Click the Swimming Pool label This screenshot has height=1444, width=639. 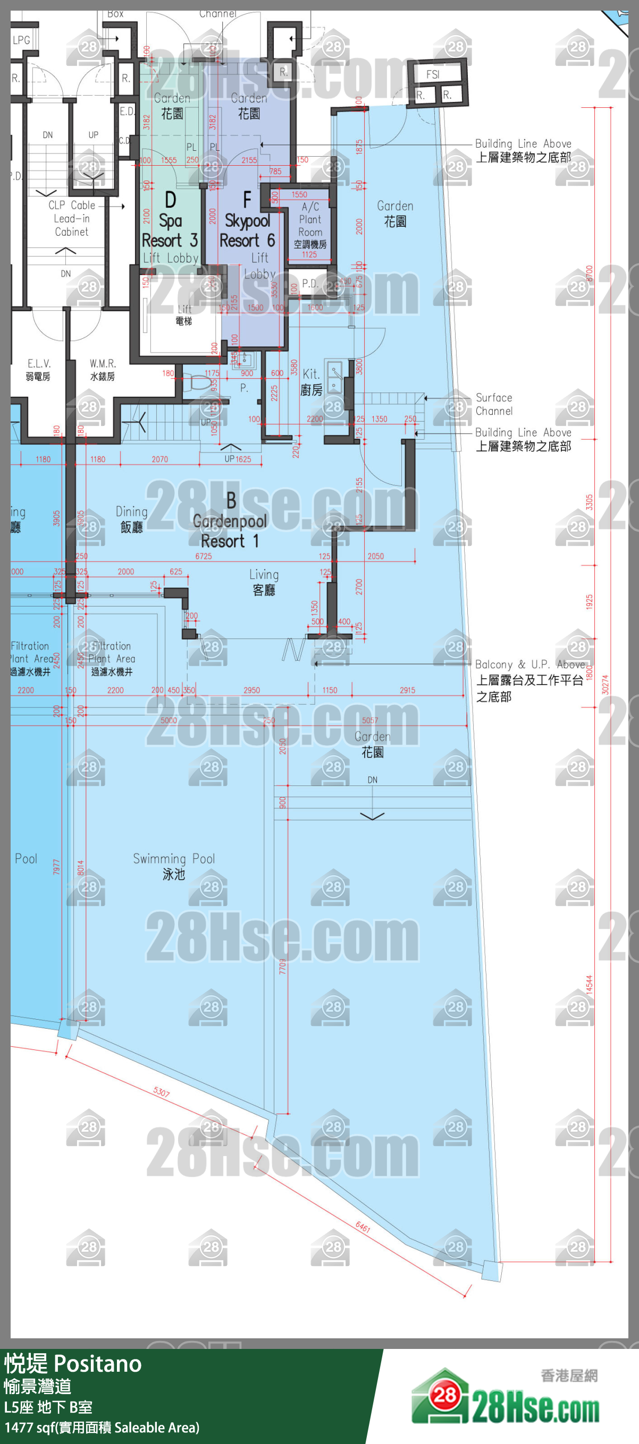[174, 866]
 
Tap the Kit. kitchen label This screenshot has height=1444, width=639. [312, 382]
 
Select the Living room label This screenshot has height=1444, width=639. [264, 582]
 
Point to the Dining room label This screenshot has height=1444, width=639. [132, 519]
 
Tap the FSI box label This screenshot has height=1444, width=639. [433, 74]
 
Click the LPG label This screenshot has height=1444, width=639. [21, 40]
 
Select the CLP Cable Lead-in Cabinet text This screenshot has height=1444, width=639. [71, 219]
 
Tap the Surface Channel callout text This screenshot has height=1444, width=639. [494, 404]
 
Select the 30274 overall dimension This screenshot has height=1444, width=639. [605, 685]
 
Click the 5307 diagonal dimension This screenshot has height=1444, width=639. [162, 1092]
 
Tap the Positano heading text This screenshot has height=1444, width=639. [73, 1364]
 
